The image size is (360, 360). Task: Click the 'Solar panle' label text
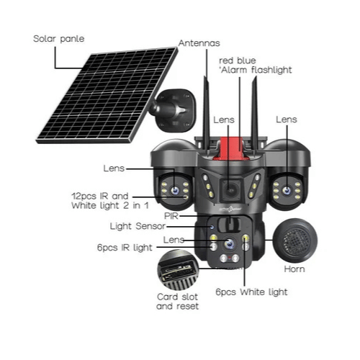click(59, 39)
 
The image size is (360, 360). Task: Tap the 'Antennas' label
click(199, 43)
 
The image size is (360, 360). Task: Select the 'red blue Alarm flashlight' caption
click(256, 66)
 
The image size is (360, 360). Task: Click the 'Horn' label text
click(294, 269)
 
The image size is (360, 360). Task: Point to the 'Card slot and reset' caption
click(177, 302)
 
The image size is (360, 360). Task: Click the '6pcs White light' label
click(251, 292)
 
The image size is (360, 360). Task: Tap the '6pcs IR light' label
click(125, 248)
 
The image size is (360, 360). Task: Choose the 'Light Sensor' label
click(138, 226)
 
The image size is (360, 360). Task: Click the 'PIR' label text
click(171, 216)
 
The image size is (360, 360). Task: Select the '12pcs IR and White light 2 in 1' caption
click(110, 201)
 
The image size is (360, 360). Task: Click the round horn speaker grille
click(295, 240)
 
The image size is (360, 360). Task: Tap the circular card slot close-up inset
click(178, 270)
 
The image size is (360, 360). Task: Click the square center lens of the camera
click(231, 191)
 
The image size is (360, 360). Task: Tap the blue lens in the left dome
click(175, 191)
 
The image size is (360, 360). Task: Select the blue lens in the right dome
click(287, 191)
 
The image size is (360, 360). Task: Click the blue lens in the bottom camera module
click(230, 243)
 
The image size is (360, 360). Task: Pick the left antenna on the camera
click(206, 115)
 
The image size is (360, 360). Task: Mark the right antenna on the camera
click(255, 114)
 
